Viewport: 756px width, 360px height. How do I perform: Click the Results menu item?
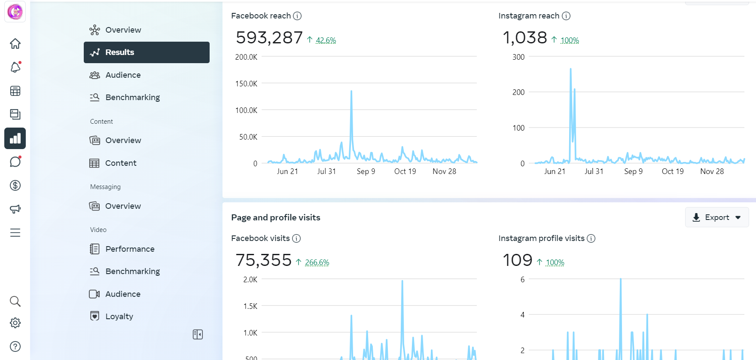146,52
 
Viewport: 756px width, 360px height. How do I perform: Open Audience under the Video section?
122,294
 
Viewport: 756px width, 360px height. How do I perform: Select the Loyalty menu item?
119,316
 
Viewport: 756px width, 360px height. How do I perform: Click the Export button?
716,217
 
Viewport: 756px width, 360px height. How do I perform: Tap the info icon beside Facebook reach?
297,16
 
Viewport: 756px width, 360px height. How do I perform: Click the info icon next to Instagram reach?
566,16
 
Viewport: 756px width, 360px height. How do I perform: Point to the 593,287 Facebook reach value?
269,38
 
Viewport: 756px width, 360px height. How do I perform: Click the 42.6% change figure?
326,40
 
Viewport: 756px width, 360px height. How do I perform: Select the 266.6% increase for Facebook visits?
317,262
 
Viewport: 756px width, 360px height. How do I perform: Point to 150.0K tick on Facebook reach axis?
246,84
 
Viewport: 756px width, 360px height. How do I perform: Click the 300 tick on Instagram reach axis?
518,57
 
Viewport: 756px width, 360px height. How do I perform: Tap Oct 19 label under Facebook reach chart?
405,171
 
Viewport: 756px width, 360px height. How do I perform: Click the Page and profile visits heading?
276,217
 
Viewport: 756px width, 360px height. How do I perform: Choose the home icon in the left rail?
15,44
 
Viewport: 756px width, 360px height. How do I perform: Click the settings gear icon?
15,323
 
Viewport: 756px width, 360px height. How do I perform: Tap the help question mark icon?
15,346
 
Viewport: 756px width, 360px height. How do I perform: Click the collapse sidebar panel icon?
198,334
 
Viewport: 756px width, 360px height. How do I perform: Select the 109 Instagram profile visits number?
517,260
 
